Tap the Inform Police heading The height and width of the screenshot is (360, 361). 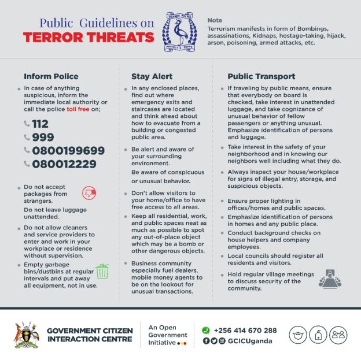[50, 76]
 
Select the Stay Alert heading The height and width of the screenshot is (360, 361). [148, 76]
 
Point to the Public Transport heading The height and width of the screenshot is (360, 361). [261, 76]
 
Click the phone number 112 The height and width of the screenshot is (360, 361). [40, 124]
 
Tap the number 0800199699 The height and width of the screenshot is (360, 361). [68, 151]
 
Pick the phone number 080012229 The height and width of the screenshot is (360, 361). [65, 164]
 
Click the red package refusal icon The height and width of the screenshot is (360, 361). [89, 194]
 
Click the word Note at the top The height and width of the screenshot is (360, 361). [215, 21]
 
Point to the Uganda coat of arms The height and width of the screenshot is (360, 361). [26, 335]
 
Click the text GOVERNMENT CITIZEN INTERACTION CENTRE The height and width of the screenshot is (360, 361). [90, 335]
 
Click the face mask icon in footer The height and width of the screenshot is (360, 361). [298, 335]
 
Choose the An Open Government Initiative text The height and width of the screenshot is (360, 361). [167, 335]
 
